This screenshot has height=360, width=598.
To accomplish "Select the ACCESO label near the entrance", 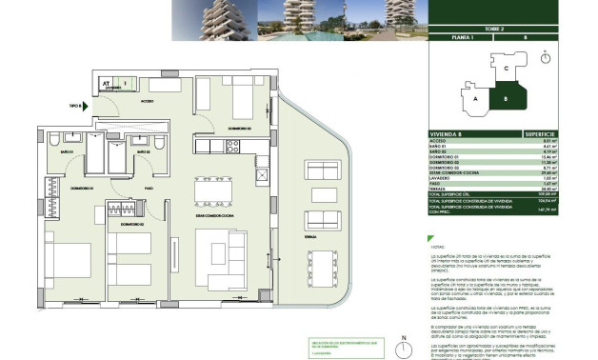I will [148, 101].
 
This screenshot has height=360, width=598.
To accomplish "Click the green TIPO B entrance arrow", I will [88, 108].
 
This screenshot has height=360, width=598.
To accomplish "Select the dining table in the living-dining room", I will [211, 190].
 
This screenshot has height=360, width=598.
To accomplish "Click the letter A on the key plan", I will [474, 98].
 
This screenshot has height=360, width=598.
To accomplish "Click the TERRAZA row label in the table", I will [439, 190].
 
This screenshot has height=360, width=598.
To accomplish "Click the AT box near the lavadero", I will [107, 82].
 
